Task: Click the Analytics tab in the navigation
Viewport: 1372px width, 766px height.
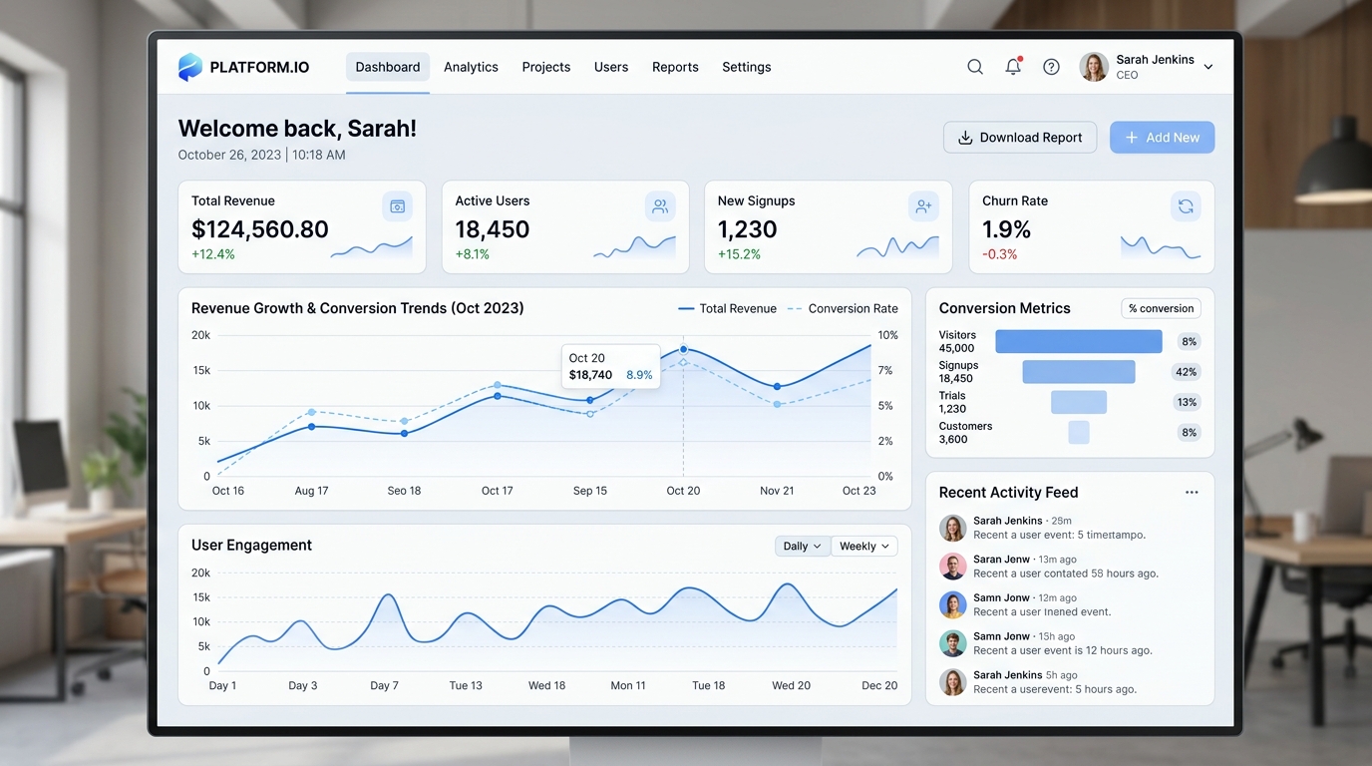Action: tap(471, 67)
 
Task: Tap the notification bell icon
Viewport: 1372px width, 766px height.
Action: tap(1013, 66)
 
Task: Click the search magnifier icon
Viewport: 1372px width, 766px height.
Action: tap(975, 66)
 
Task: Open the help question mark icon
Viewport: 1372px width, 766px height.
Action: tap(1051, 66)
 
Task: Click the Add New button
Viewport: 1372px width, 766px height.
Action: tap(1162, 138)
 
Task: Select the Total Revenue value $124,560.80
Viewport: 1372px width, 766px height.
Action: tap(259, 229)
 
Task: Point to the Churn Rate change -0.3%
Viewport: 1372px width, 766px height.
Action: tap(1000, 254)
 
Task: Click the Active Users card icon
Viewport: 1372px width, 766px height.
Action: tap(660, 206)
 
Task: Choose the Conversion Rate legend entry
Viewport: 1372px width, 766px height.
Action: tap(843, 308)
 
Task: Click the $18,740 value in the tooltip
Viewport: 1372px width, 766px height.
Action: tap(590, 374)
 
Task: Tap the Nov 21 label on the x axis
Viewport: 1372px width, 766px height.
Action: tap(777, 491)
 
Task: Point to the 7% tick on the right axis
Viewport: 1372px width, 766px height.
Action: tap(885, 370)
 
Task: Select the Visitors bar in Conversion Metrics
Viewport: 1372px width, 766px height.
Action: tap(1079, 341)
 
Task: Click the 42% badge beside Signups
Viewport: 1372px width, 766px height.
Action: tap(1186, 371)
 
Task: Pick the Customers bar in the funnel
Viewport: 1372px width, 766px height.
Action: tap(1079, 432)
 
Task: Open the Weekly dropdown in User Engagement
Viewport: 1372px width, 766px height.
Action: tap(864, 546)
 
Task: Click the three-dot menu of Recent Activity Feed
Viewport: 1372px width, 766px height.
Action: tap(1192, 492)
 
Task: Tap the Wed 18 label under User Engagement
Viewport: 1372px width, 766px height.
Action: tap(546, 685)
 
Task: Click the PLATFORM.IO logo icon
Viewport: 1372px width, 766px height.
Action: tap(189, 67)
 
